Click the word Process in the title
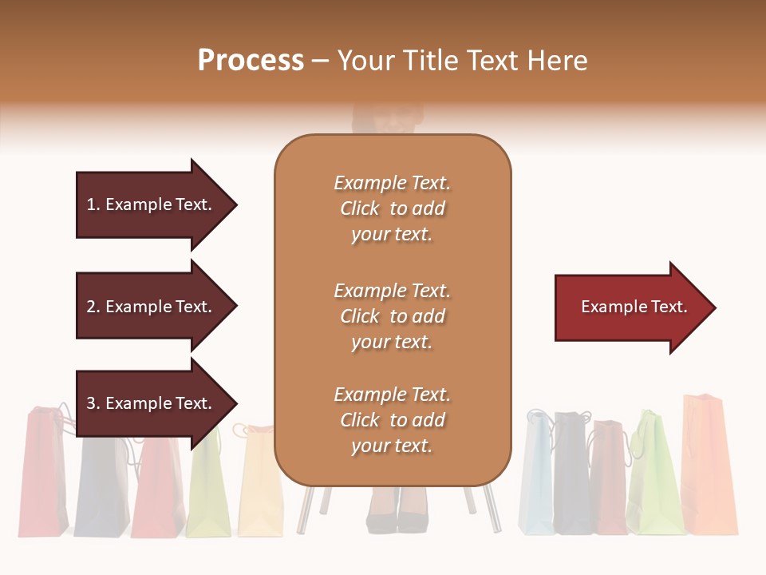[251, 60]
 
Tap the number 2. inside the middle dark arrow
[93, 307]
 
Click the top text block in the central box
[392, 208]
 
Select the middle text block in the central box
[392, 315]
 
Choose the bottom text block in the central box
[392, 420]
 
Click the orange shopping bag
[709, 467]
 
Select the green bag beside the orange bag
[654, 475]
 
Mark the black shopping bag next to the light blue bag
[572, 475]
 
